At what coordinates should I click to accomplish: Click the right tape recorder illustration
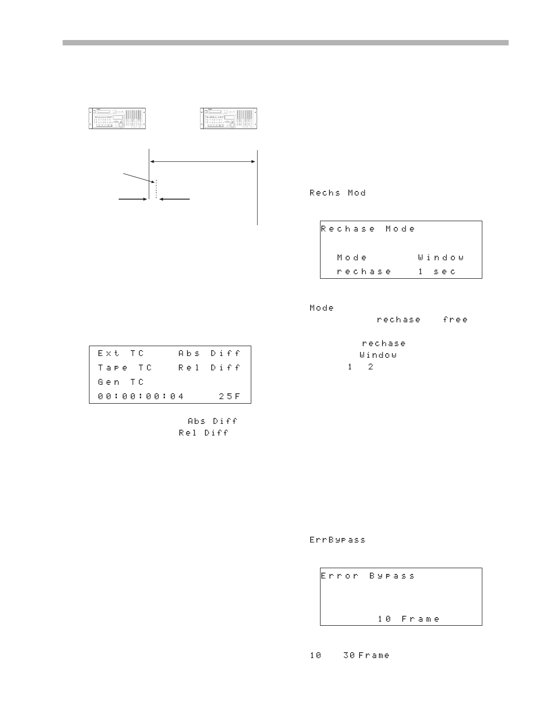pyautogui.click(x=230, y=119)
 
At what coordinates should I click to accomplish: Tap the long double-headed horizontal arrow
pyautogui.click(x=203, y=161)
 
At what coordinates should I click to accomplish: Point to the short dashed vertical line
pyautogui.click(x=156, y=189)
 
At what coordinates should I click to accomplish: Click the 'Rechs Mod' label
pyautogui.click(x=338, y=193)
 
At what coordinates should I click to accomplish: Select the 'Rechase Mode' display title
pyautogui.click(x=368, y=229)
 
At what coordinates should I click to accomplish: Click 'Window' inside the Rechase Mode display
pyautogui.click(x=441, y=258)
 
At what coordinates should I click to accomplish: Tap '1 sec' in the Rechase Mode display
pyautogui.click(x=437, y=271)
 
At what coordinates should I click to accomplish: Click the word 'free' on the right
pyautogui.click(x=455, y=320)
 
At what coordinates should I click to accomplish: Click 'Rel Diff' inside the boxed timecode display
pyautogui.click(x=209, y=368)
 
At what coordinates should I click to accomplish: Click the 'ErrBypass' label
pyautogui.click(x=338, y=540)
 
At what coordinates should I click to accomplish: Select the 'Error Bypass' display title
pyautogui.click(x=368, y=576)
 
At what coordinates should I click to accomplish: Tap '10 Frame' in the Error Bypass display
pyautogui.click(x=409, y=619)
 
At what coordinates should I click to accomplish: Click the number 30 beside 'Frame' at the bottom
pyautogui.click(x=349, y=655)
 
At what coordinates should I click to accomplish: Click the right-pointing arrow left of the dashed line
pyautogui.click(x=133, y=198)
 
